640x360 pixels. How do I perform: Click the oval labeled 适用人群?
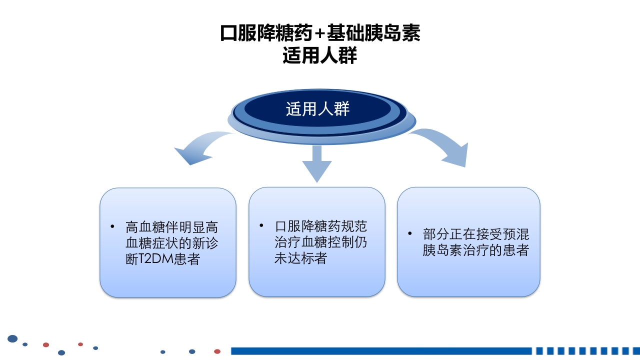coord(317,109)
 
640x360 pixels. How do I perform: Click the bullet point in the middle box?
coord(261,225)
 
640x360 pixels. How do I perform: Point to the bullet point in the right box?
coord(410,233)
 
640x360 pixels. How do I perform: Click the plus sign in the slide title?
coord(320,34)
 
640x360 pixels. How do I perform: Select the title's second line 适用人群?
coord(320,55)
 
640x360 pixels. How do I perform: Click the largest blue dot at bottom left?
coord(12,339)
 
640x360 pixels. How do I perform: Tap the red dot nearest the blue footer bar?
coord(217,351)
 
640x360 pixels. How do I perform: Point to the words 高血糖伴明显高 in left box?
coord(171,227)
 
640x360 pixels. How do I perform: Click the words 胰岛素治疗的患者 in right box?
coord(475,250)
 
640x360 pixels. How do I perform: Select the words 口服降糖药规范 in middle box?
coord(320,226)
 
